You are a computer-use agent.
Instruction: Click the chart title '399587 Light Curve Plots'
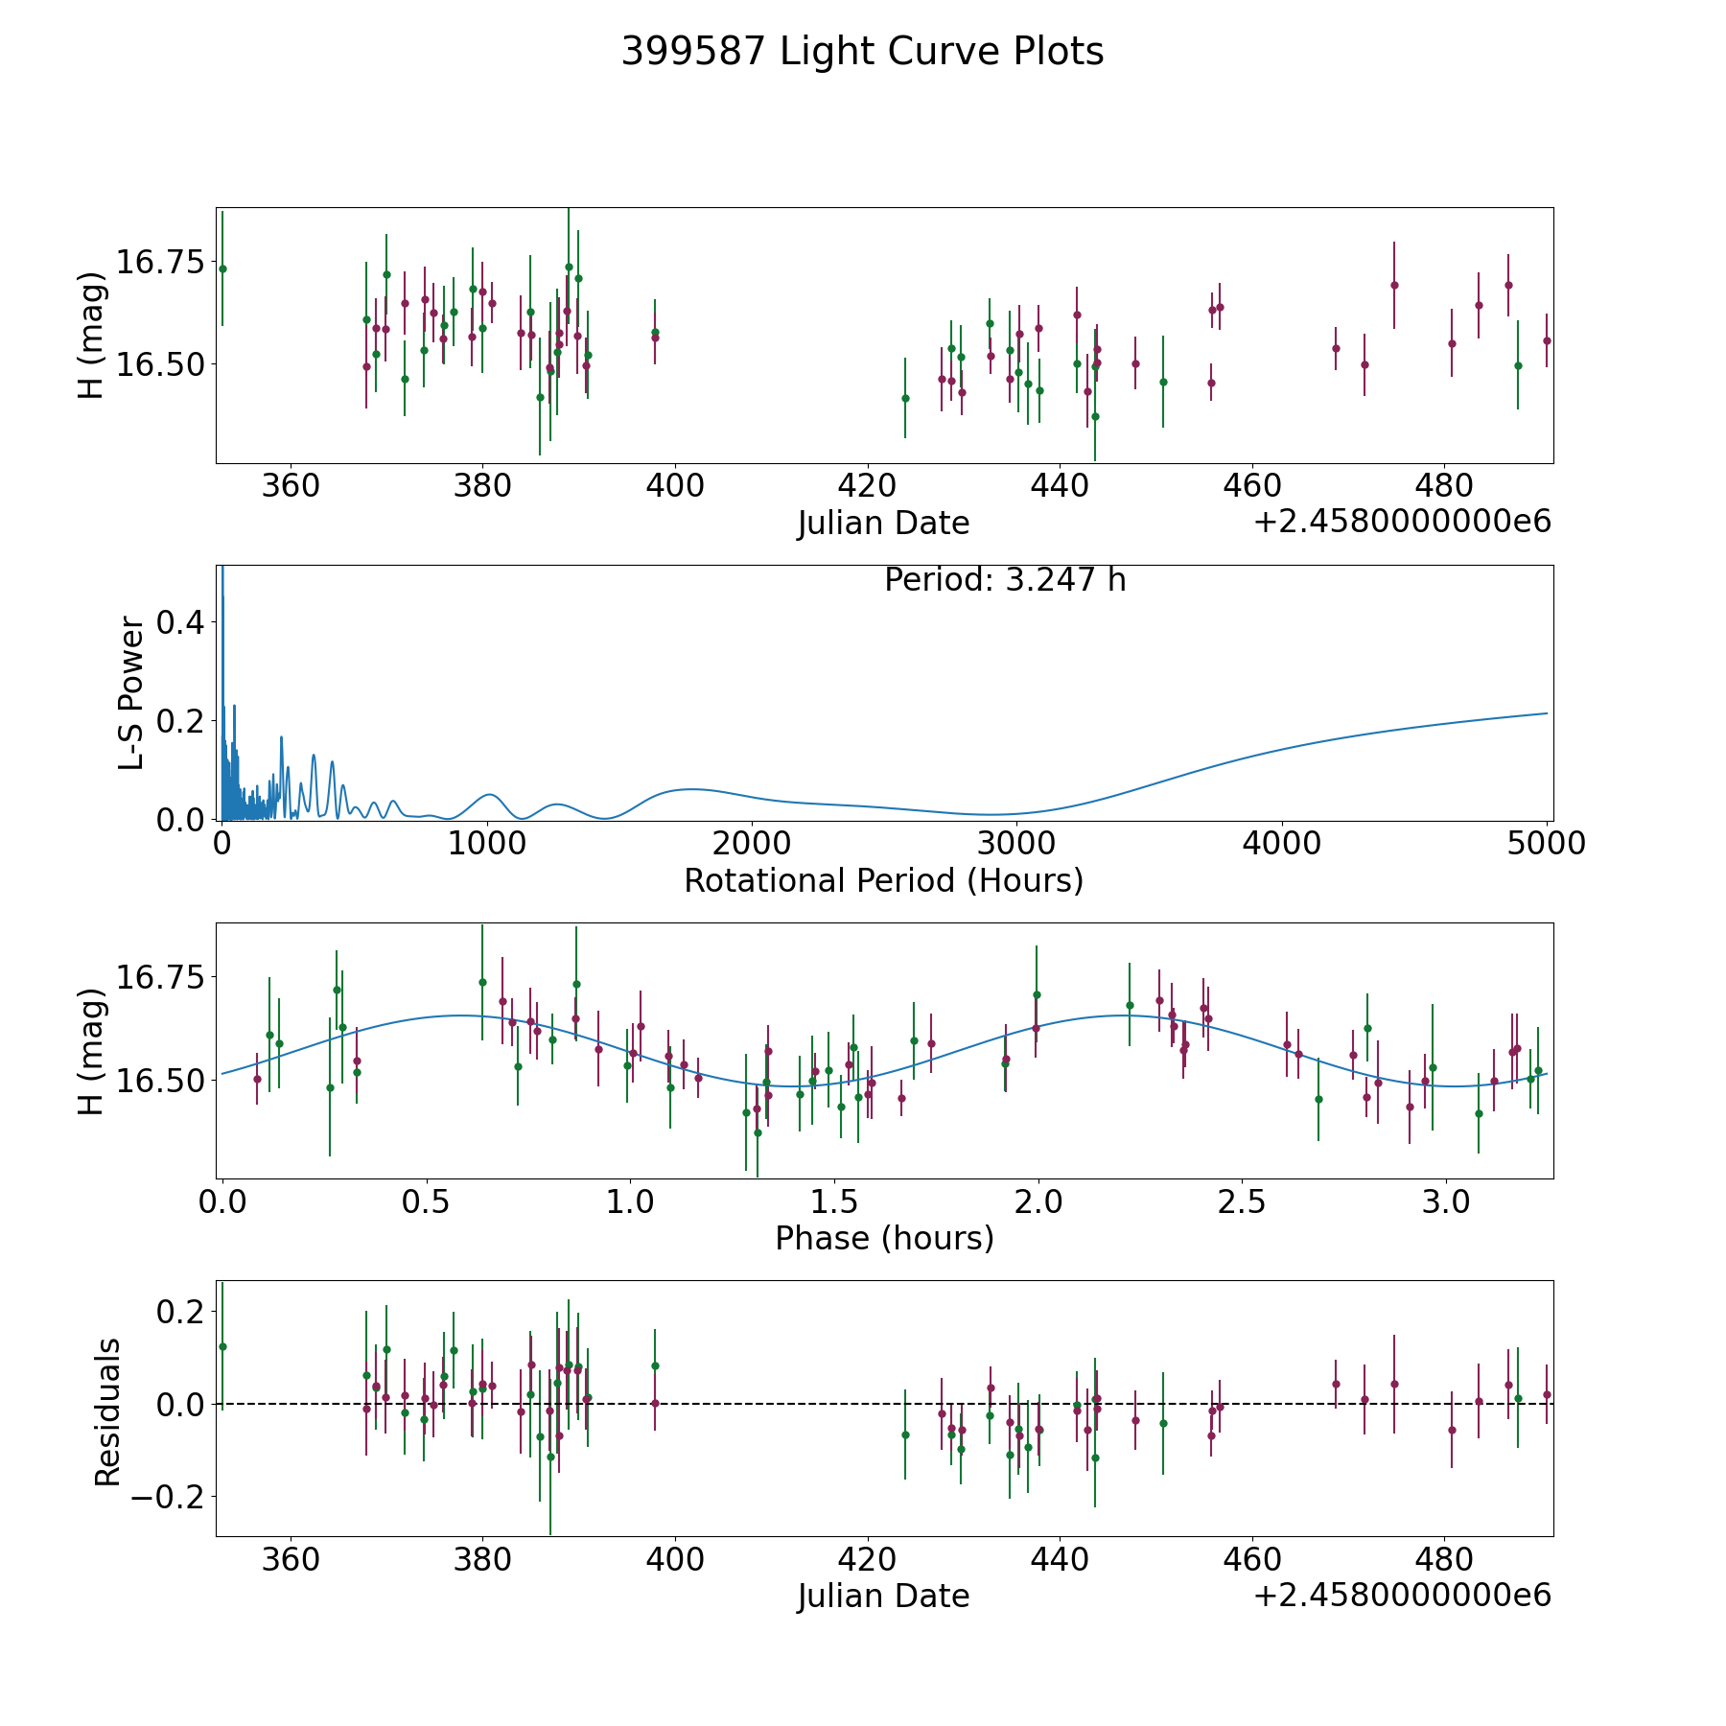coord(862,52)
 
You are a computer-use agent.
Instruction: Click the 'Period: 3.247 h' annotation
coord(1005,580)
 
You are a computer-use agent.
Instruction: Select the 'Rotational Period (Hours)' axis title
coord(883,880)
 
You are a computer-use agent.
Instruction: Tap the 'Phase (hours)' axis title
coord(884,1238)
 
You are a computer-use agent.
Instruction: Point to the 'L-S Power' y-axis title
coord(132,693)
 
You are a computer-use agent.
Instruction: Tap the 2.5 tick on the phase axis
coord(1242,1201)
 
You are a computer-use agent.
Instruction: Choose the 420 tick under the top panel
coord(867,485)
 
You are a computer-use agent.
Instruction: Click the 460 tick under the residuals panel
coord(1251,1559)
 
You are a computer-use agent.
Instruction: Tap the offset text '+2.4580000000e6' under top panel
coord(1402,522)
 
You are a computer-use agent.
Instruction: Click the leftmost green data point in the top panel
coord(222,268)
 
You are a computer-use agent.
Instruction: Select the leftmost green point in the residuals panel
coord(222,1346)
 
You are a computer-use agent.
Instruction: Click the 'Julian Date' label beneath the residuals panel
coord(883,1597)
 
